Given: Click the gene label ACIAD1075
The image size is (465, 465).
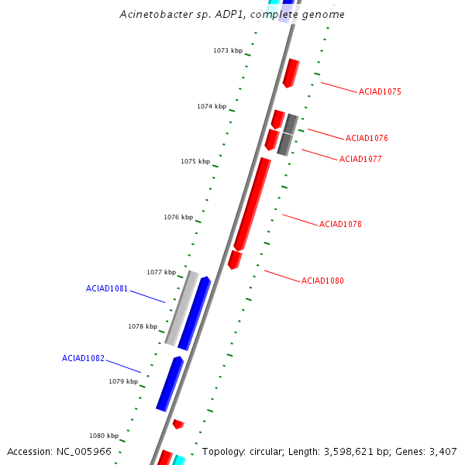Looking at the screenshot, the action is tap(380, 91).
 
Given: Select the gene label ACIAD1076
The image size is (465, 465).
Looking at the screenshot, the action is tap(367, 138).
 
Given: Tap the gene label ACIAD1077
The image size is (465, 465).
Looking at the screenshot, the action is tap(360, 159).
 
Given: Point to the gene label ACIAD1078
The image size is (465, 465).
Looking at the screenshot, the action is tap(340, 224).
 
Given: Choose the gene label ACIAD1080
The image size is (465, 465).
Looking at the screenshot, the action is tap(322, 281).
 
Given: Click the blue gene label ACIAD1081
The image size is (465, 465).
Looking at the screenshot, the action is tap(107, 288).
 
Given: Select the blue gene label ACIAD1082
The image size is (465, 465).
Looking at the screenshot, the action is tap(83, 358).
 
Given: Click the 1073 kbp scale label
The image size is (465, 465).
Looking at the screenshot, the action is tap(228, 50).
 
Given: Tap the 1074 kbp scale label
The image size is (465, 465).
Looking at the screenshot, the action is tap(212, 106).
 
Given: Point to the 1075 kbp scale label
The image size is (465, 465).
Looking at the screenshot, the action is tap(195, 161).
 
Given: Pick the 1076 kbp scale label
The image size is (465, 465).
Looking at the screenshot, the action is tap(178, 217).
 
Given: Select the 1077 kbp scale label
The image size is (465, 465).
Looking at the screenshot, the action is tap(161, 272).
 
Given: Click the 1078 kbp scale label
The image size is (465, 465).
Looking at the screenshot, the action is tap(143, 326).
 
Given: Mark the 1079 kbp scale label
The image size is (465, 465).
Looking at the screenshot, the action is tap(123, 381).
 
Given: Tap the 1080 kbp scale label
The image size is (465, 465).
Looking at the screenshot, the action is tap(104, 436).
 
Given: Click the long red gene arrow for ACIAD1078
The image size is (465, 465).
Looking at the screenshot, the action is tap(253, 204).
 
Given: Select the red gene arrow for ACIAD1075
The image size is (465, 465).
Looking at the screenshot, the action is tap(291, 72).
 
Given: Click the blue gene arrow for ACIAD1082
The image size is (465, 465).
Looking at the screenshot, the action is tap(169, 384).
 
